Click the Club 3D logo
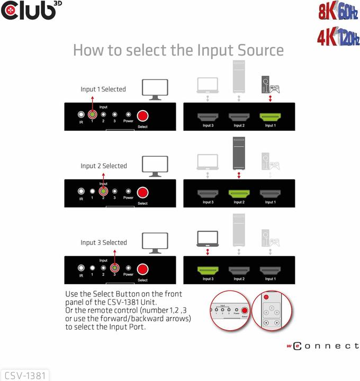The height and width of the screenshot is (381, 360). [31, 11]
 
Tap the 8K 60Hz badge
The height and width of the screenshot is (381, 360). [338, 11]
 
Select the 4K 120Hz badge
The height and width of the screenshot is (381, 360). [338, 37]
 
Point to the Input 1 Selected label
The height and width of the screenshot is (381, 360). [103, 89]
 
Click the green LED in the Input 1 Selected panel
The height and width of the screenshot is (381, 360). [92, 114]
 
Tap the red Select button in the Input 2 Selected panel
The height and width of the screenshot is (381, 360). [142, 193]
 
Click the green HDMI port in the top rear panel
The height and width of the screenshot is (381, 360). [270, 117]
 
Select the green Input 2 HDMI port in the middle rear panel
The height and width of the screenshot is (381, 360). [239, 194]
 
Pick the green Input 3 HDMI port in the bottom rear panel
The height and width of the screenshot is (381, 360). [208, 271]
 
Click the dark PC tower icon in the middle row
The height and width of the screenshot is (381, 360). [239, 153]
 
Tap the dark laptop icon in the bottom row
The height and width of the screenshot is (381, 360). [208, 239]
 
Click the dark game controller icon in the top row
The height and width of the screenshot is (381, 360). [275, 89]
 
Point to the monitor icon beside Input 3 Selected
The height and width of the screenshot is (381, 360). [155, 243]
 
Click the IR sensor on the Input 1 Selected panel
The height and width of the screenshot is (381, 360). [81, 114]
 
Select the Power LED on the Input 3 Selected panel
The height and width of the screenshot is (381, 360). [128, 268]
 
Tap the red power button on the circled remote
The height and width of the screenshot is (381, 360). [266, 297]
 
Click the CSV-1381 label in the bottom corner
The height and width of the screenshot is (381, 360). [25, 376]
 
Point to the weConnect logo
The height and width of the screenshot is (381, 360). [323, 346]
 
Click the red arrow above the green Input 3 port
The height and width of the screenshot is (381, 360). [208, 252]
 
